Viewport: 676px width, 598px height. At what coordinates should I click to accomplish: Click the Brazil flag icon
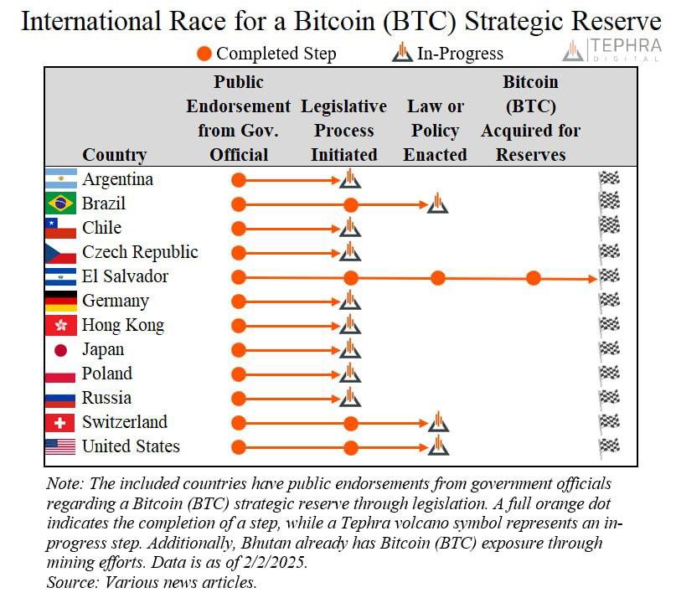pyautogui.click(x=60, y=204)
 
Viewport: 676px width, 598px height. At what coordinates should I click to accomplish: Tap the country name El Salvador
pyautogui.click(x=125, y=276)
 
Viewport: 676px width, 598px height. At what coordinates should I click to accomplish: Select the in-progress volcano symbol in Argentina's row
pyautogui.click(x=351, y=179)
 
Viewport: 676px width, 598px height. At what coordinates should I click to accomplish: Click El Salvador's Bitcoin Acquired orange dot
pyautogui.click(x=534, y=277)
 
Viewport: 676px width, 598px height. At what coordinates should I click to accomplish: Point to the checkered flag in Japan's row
pyautogui.click(x=609, y=349)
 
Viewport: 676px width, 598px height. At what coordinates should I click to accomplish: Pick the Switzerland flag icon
pyautogui.click(x=60, y=423)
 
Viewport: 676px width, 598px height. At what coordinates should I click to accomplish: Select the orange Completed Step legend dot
pyautogui.click(x=204, y=54)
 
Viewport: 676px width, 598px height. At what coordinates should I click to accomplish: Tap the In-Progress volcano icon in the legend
pyautogui.click(x=403, y=54)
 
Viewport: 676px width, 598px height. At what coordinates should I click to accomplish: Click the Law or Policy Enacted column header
pyautogui.click(x=435, y=131)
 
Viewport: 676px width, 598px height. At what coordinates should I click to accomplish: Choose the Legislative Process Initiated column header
pyautogui.click(x=343, y=131)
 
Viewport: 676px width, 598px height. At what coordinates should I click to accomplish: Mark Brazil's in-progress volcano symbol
pyautogui.click(x=436, y=204)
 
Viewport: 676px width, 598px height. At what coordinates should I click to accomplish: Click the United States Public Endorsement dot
pyautogui.click(x=239, y=447)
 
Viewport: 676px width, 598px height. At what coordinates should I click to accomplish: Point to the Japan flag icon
pyautogui.click(x=60, y=350)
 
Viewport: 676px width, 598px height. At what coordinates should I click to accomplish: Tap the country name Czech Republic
pyautogui.click(x=140, y=252)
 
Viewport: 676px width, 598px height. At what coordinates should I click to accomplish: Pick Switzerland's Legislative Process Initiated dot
pyautogui.click(x=351, y=423)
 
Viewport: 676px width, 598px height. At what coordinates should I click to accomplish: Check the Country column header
pyautogui.click(x=114, y=155)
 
